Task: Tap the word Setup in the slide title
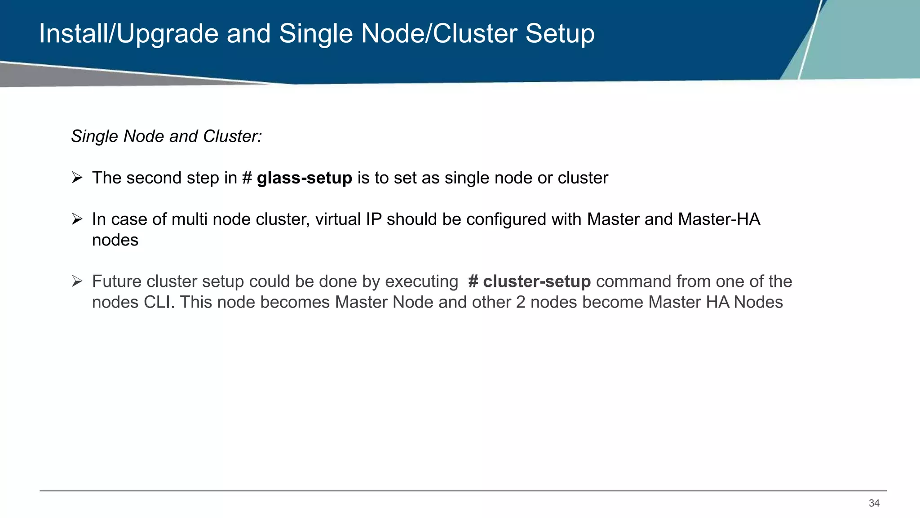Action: [x=560, y=34]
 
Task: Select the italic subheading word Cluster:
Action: [x=232, y=136]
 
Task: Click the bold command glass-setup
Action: [x=304, y=178]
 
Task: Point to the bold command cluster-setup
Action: [x=536, y=281]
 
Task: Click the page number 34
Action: [x=874, y=503]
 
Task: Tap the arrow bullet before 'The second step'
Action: [x=77, y=178]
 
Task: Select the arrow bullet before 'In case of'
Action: [x=77, y=219]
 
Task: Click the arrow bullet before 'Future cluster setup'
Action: [x=77, y=281]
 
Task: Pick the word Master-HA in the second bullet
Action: [x=719, y=219]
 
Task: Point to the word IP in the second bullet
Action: [x=374, y=219]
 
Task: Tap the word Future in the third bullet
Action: [x=117, y=281]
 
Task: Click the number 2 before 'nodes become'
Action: [x=521, y=302]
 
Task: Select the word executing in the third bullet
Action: [x=421, y=281]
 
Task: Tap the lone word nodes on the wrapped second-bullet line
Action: [x=115, y=240]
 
